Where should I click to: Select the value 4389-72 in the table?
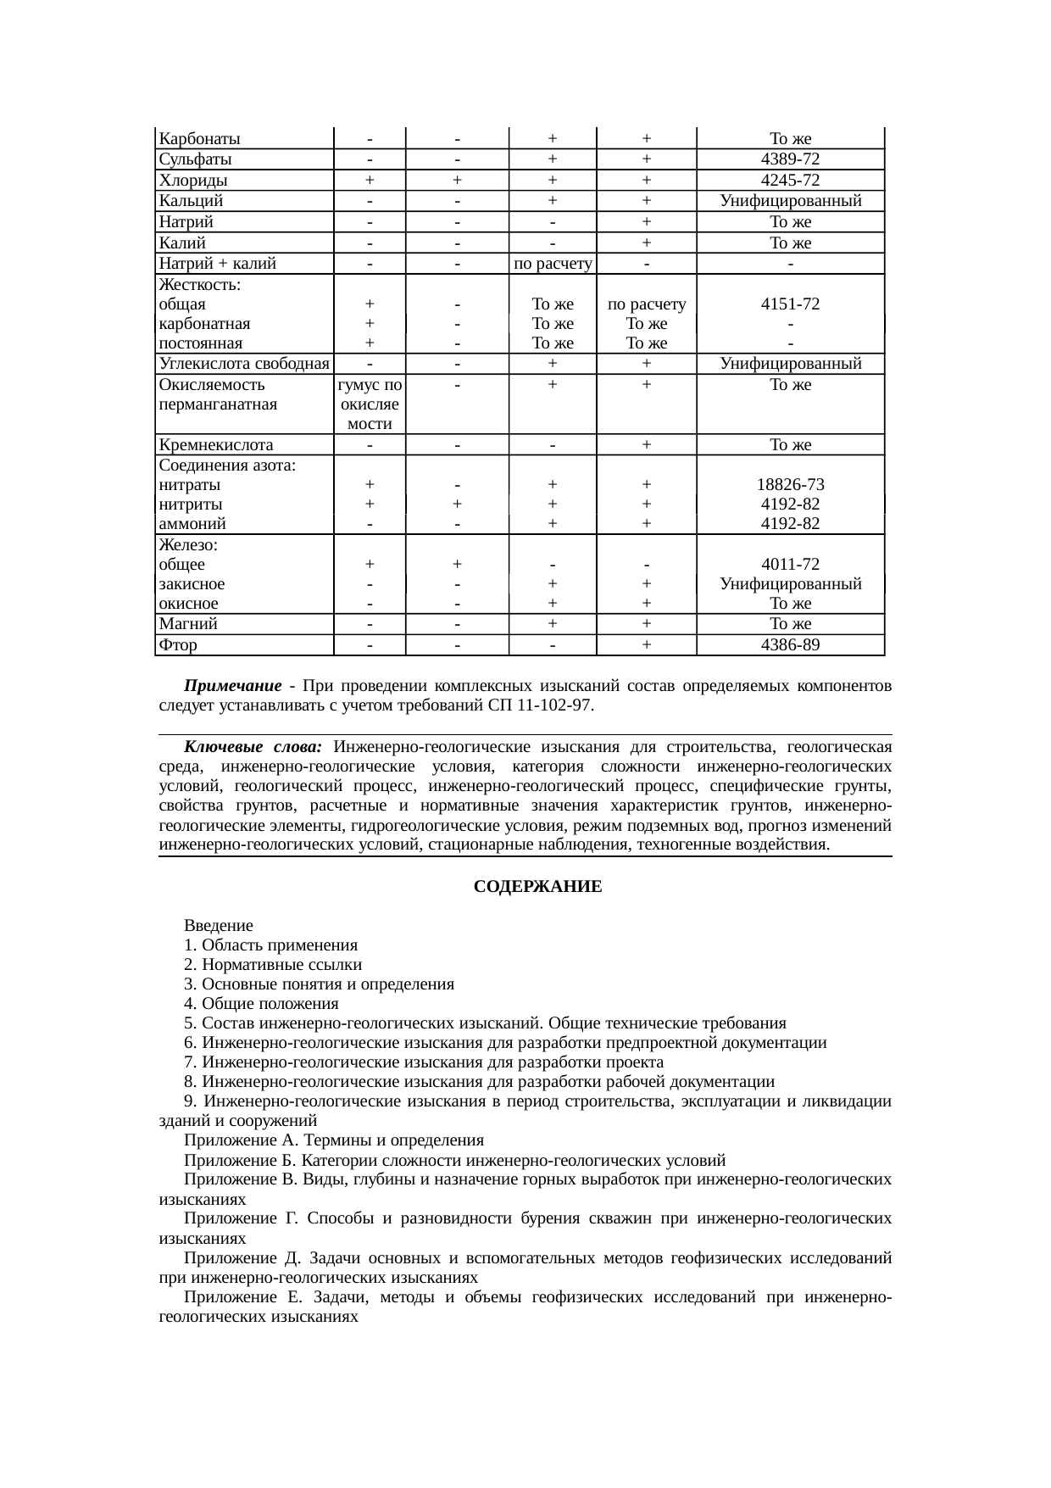pyautogui.click(x=790, y=159)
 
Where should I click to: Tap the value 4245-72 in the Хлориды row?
pyautogui.click(x=790, y=181)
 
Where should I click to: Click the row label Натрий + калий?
pyautogui.click(x=218, y=264)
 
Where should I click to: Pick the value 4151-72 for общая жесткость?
pyautogui.click(x=790, y=304)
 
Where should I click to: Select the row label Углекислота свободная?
pyautogui.click(x=244, y=364)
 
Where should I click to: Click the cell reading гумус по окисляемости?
pyautogui.click(x=370, y=404)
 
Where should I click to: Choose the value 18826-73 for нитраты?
pyautogui.click(x=790, y=485)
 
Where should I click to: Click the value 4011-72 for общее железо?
pyautogui.click(x=790, y=565)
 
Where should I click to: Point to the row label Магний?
pyautogui.click(x=188, y=624)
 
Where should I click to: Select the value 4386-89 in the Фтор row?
pyautogui.click(x=790, y=645)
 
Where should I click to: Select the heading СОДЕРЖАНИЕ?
pyautogui.click(x=537, y=887)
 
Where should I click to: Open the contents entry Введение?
pyautogui.click(x=219, y=926)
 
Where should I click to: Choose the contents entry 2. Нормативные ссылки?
pyautogui.click(x=273, y=965)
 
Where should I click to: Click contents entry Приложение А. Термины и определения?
pyautogui.click(x=334, y=1140)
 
